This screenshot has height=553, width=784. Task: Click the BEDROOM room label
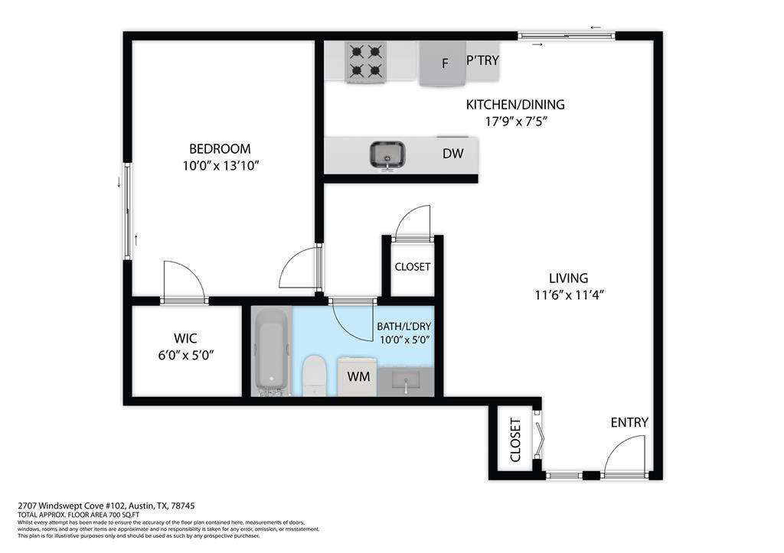tap(220, 148)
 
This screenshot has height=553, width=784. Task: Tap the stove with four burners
tap(364, 61)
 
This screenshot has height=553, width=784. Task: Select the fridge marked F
tap(443, 63)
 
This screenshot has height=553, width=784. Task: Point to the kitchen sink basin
tap(388, 154)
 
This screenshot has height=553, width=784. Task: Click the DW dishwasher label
tap(453, 153)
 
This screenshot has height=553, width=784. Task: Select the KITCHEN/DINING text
tap(515, 105)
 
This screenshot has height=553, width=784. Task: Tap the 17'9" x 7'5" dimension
tap(515, 122)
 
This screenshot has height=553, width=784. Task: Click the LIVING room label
tap(568, 278)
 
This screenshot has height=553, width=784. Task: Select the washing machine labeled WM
tap(358, 376)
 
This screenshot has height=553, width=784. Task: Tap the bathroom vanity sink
tap(406, 380)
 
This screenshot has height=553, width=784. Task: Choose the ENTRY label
tap(629, 422)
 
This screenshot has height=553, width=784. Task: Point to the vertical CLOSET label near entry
tap(515, 440)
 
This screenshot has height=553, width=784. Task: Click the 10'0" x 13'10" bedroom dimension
tap(220, 166)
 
